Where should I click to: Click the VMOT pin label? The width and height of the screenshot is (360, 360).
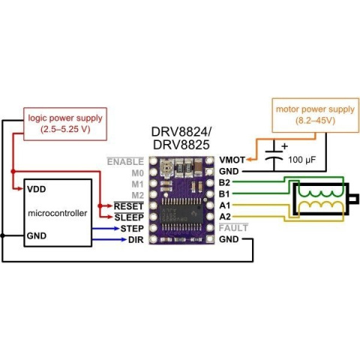tap(232, 160)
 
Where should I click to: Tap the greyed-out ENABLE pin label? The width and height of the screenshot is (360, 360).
tap(125, 160)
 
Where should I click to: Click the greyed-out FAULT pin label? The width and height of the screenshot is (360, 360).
tap(234, 227)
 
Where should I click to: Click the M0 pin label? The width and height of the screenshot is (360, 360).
tap(136, 172)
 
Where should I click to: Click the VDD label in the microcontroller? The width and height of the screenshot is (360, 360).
tap(36, 190)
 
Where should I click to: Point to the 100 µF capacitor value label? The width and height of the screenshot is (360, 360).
tap(301, 160)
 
